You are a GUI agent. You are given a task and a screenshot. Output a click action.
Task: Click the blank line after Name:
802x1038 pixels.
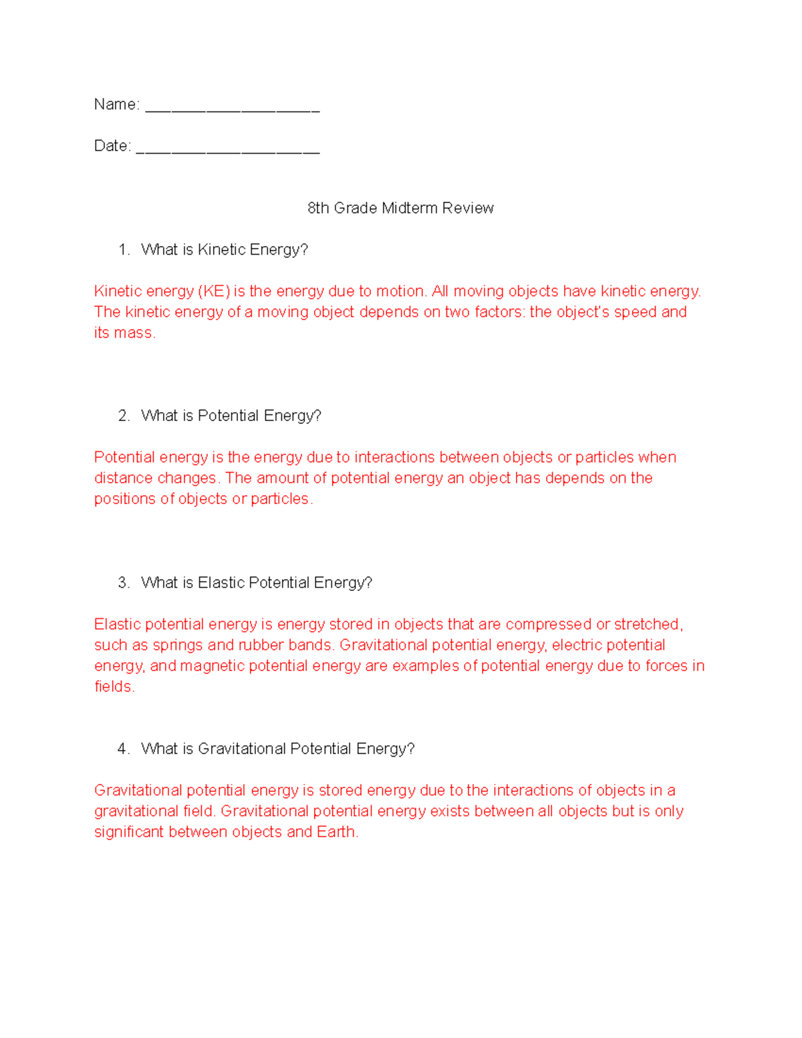tap(232, 107)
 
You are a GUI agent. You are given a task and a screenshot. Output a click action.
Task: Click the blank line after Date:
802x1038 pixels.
tap(227, 148)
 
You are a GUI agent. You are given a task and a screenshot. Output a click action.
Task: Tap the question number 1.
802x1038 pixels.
tap(123, 250)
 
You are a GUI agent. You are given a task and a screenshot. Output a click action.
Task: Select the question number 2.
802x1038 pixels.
tap(123, 416)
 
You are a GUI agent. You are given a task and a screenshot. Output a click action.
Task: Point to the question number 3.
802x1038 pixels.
tap(123, 583)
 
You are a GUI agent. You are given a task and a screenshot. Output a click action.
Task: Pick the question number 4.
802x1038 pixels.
tap(123, 749)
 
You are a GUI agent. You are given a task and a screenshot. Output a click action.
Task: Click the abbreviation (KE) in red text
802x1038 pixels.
tap(214, 291)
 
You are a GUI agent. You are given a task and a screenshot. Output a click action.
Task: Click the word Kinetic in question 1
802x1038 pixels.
tap(222, 250)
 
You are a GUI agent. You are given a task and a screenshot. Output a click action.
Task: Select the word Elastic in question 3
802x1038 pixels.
tap(221, 583)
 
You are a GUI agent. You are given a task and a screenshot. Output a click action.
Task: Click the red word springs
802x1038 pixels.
tap(177, 646)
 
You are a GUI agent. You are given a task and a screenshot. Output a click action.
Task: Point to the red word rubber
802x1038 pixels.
tap(261, 645)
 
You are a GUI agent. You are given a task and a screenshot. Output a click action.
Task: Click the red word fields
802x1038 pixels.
tap(114, 686)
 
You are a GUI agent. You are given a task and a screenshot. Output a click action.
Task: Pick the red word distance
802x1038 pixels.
tap(123, 478)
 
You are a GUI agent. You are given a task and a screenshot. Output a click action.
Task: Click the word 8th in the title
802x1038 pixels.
tap(318, 208)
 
